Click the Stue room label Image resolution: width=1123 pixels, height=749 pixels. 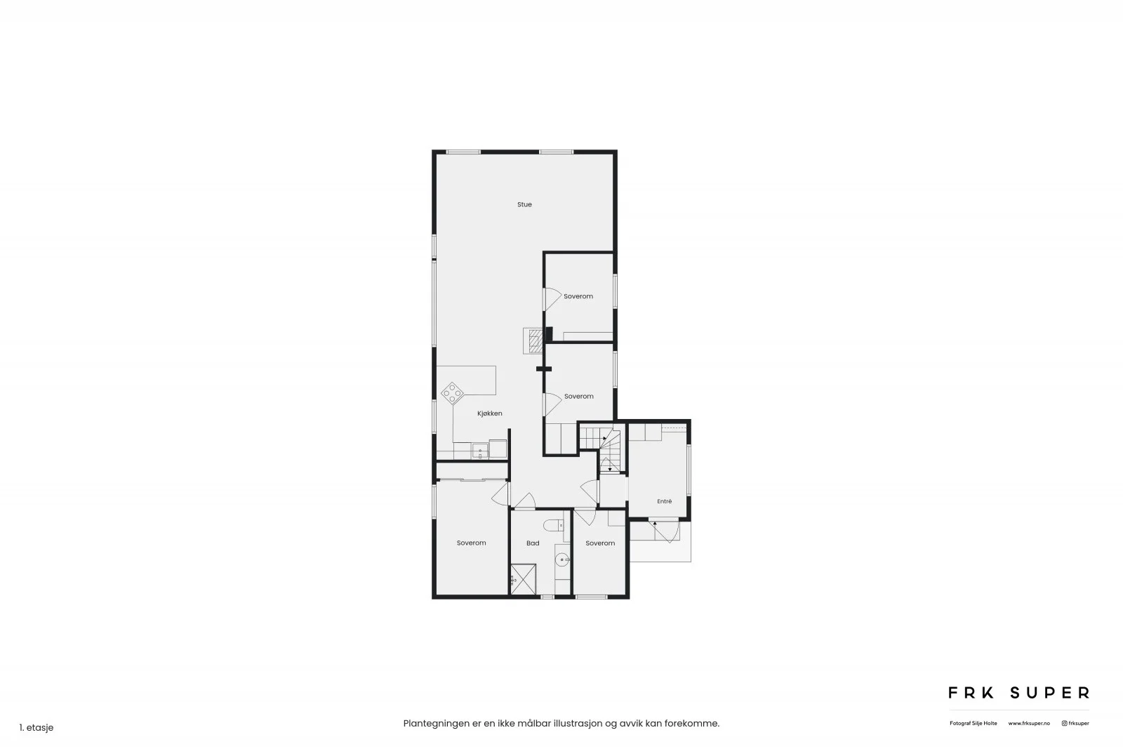(x=524, y=204)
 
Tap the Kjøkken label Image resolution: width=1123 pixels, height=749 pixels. (x=489, y=413)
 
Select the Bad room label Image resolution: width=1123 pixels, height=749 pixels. (x=533, y=543)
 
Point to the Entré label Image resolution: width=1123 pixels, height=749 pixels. (x=664, y=501)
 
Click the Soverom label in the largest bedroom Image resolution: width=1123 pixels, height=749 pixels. (x=471, y=543)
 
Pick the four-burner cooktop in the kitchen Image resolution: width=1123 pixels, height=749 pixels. (x=452, y=394)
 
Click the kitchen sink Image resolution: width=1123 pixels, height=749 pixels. (x=480, y=451)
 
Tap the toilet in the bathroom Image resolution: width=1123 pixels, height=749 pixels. (x=554, y=525)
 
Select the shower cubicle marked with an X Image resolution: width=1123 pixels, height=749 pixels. (x=524, y=580)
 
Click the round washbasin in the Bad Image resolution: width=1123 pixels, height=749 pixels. (x=562, y=559)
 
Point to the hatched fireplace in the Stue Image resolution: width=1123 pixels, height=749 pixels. (x=536, y=341)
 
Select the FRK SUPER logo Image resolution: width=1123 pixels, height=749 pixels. (x=1018, y=693)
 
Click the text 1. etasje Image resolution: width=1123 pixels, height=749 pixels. (x=36, y=727)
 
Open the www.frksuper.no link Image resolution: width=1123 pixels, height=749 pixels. (x=1029, y=724)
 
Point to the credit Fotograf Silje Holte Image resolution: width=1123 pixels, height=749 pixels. (x=973, y=724)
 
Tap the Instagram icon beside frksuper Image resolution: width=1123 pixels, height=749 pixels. (x=1064, y=724)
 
